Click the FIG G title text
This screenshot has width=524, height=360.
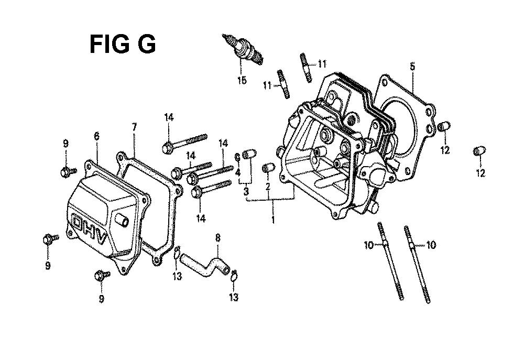[123, 45]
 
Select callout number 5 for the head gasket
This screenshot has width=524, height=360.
[412, 67]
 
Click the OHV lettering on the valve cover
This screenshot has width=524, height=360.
[90, 228]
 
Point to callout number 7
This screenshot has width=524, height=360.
[134, 127]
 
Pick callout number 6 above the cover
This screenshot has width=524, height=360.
[96, 136]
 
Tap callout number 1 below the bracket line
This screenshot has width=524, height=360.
[273, 220]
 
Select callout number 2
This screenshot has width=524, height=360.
[268, 187]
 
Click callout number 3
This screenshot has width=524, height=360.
[246, 192]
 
